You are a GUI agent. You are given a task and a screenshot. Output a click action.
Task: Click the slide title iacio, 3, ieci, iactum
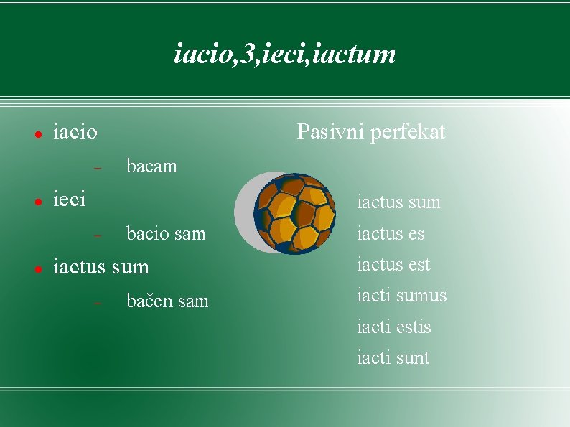pyautogui.click(x=285, y=54)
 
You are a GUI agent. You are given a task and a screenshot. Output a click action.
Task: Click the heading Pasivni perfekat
pyautogui.click(x=370, y=132)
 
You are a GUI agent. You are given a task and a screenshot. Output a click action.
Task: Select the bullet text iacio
pyautogui.click(x=75, y=132)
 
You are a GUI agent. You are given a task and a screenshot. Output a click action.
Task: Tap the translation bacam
pyautogui.click(x=151, y=166)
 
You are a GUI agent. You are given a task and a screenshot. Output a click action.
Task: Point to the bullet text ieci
pyautogui.click(x=70, y=199)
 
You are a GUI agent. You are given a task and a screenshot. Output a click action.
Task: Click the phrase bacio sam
pyautogui.click(x=165, y=233)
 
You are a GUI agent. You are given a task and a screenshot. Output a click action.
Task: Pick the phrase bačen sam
pyautogui.click(x=167, y=301)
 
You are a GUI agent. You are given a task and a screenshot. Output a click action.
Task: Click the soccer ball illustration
pyautogui.click(x=295, y=213)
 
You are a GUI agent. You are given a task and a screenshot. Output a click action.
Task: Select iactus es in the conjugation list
pyautogui.click(x=391, y=234)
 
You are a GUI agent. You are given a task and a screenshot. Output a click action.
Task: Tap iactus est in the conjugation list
pyautogui.click(x=393, y=265)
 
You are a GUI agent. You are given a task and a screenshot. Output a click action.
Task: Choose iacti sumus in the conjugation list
pyautogui.click(x=401, y=296)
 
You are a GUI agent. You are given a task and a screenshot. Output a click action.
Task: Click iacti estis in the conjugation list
pyautogui.click(x=393, y=327)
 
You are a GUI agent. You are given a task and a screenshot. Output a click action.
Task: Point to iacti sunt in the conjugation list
pyautogui.click(x=393, y=358)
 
